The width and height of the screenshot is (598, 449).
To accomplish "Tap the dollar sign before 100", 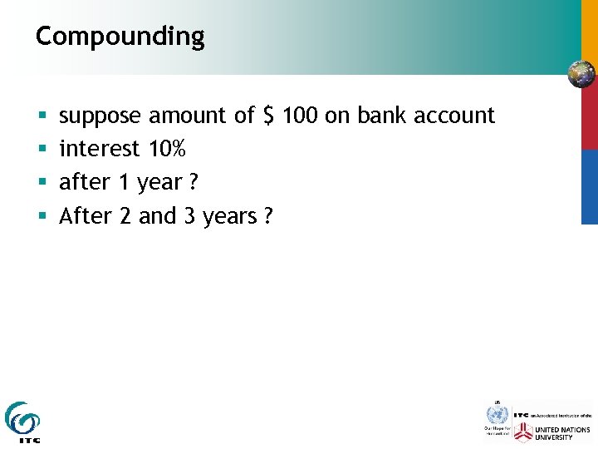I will tap(268, 116).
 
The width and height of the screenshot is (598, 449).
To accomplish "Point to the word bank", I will tap(380, 116).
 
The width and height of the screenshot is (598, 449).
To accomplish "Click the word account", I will tap(454, 116).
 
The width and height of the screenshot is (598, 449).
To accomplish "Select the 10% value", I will tap(167, 149).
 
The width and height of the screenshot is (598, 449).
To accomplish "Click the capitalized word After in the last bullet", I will tap(86, 216).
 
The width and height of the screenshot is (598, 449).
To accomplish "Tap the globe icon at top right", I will tap(581, 74).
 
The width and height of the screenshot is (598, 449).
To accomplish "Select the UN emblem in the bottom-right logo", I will tap(497, 414).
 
